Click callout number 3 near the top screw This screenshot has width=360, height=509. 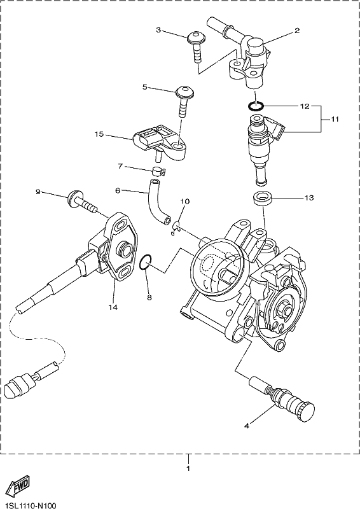pyautogui.click(x=158, y=30)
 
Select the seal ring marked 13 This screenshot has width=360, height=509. pyautogui.click(x=263, y=198)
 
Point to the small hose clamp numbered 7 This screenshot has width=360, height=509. pyautogui.click(x=158, y=170)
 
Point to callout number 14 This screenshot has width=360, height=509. pyautogui.click(x=113, y=307)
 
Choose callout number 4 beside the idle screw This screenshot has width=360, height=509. pyautogui.click(x=247, y=426)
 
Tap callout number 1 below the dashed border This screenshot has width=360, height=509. pyautogui.click(x=188, y=468)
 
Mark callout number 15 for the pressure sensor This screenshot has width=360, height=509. pyautogui.click(x=99, y=134)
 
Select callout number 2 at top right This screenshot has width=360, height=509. pyautogui.click(x=296, y=31)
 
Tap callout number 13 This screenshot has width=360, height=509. pyautogui.click(x=309, y=197)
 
